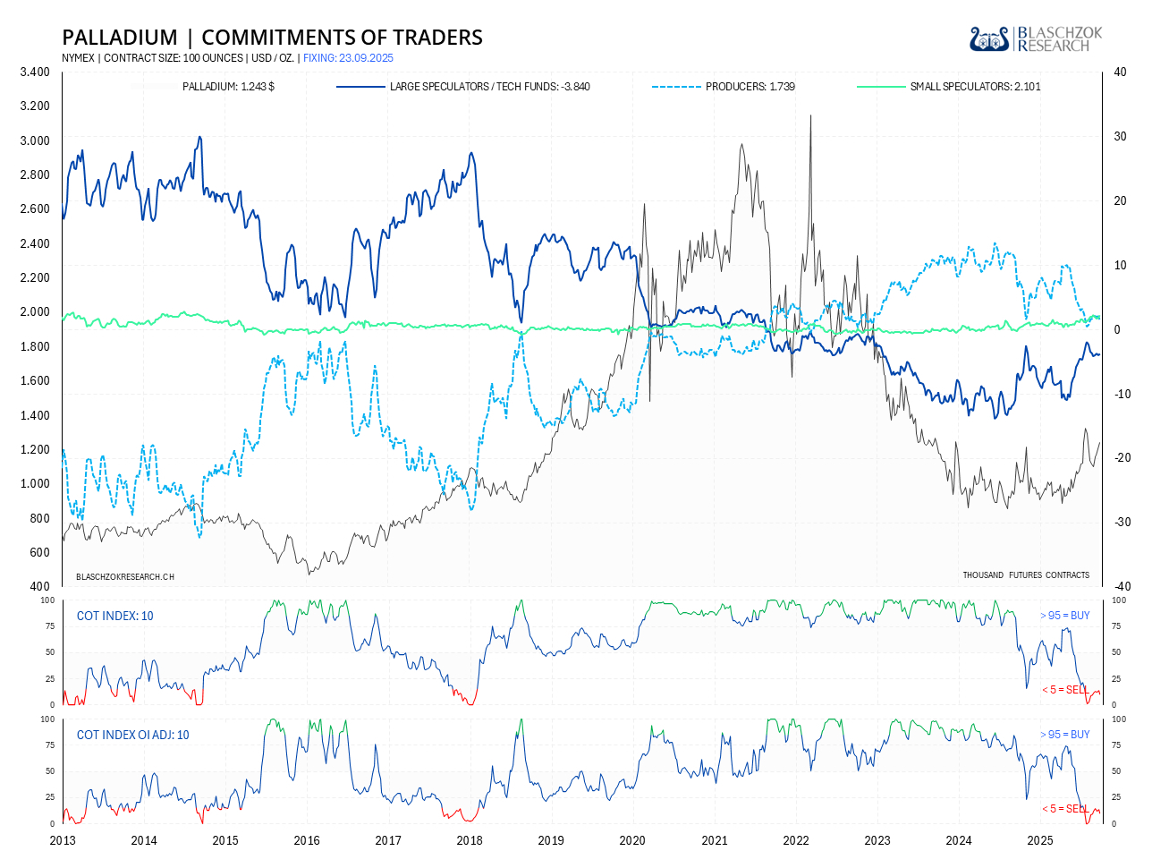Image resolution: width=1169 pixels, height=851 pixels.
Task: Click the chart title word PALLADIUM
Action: click(x=120, y=38)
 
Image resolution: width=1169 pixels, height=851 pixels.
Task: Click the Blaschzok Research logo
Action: click(x=1036, y=38)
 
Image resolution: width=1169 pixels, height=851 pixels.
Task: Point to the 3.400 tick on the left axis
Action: click(x=35, y=72)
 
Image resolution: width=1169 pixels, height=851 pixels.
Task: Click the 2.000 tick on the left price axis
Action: click(x=35, y=312)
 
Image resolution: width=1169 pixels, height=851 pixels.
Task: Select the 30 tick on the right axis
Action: click(x=1120, y=137)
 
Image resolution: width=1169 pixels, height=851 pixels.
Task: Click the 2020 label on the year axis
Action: click(x=632, y=840)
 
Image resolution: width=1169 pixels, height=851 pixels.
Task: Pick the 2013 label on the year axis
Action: click(x=63, y=840)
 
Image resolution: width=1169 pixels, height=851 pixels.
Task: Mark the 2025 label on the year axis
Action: click(x=1039, y=840)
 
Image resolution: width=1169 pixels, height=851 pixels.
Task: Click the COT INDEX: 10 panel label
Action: click(x=114, y=616)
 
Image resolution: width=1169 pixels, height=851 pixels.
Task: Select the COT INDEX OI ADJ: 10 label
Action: click(x=132, y=735)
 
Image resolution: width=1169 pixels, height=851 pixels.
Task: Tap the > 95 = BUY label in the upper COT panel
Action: click(x=1064, y=616)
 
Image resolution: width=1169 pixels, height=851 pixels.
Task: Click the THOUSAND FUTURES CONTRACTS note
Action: click(x=1026, y=574)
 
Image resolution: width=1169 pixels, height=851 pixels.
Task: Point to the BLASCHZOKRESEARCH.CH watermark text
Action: click(x=125, y=576)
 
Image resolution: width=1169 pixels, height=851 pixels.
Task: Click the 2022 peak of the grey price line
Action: click(x=810, y=116)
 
